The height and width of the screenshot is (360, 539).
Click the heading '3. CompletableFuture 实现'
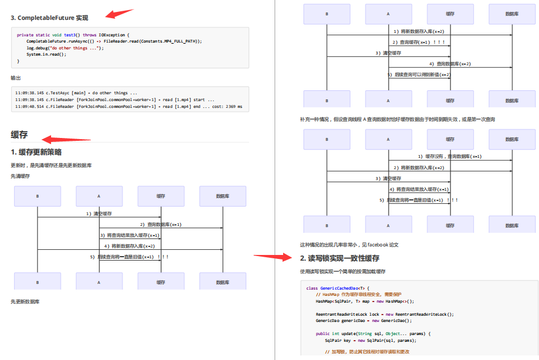49,18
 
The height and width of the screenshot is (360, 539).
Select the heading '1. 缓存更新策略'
36,152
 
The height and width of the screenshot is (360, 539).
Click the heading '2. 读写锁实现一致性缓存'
340,258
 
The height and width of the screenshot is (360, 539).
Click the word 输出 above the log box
16,78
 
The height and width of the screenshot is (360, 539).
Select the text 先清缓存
20,176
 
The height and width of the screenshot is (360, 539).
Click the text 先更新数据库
25,302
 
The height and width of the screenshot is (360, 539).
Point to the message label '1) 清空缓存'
99,214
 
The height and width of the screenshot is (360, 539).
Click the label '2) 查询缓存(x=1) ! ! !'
418,42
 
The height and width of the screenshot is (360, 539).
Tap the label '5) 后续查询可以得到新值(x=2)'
419,74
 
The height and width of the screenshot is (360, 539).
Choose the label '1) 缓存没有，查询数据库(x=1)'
450,156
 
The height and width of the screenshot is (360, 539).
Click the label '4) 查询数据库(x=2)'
450,64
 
